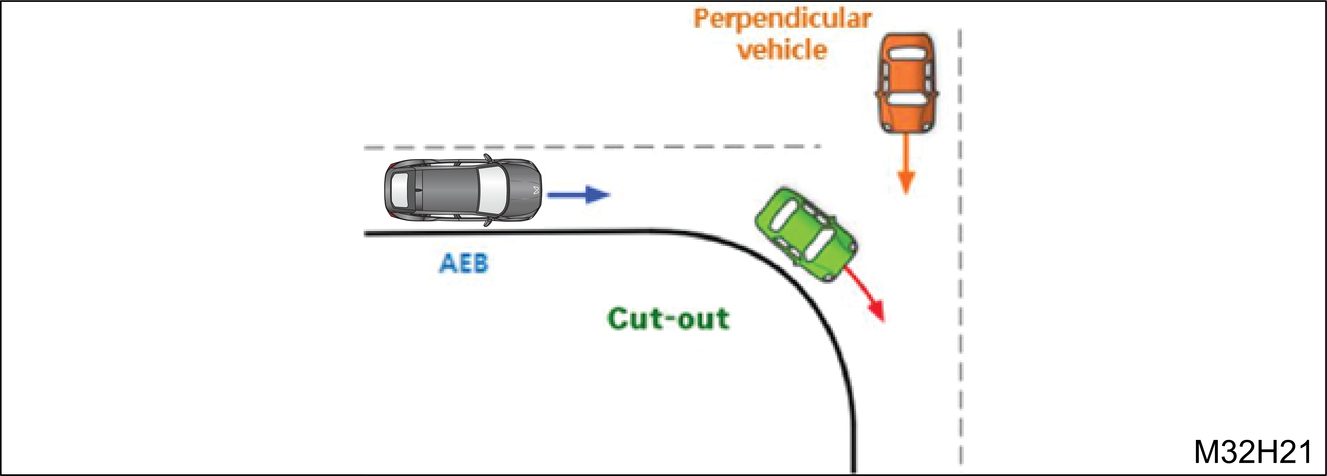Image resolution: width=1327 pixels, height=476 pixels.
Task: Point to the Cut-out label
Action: [668, 318]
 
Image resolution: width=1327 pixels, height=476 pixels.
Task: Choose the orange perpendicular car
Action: [907, 82]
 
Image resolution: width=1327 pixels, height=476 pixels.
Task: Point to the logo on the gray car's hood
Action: [536, 190]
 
